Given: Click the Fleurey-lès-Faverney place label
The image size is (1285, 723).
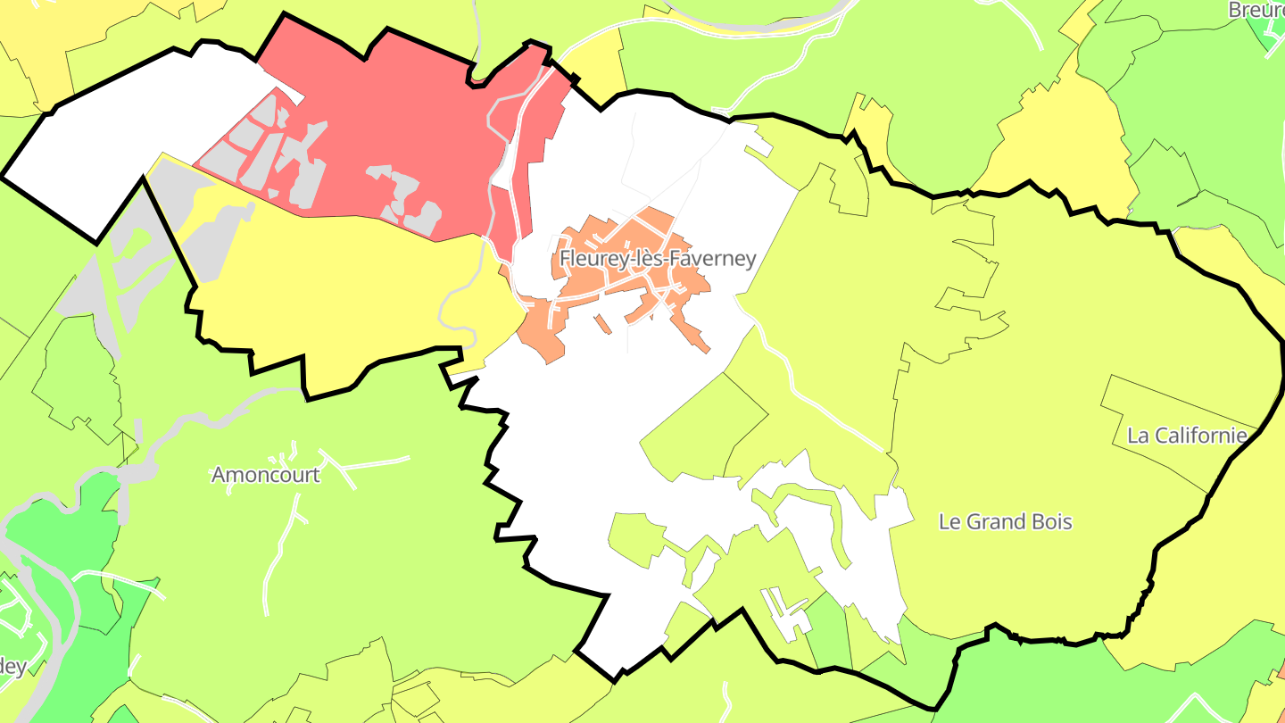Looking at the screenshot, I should [x=658, y=259].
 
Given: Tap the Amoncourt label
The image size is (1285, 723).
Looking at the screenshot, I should [x=265, y=475].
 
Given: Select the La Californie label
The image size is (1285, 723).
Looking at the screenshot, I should [x=1187, y=436].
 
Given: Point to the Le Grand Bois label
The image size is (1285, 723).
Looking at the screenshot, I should [x=1005, y=521].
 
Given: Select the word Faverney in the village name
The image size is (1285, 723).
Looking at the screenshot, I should [x=711, y=259].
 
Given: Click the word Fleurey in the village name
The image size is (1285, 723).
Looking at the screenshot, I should [x=589, y=259].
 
